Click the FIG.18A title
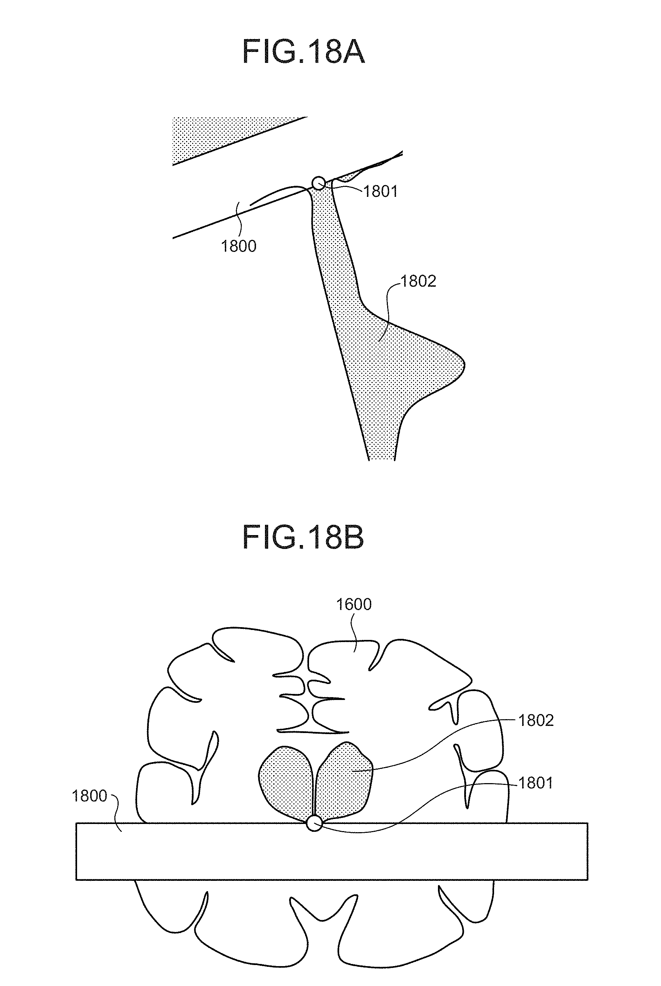point(304,52)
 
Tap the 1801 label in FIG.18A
point(381,192)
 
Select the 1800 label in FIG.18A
point(239,246)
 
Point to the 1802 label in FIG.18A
point(418,281)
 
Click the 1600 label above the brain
point(354,605)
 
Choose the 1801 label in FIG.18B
point(535,783)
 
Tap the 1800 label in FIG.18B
point(90,796)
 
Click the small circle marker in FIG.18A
point(318,183)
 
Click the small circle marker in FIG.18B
point(314,823)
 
